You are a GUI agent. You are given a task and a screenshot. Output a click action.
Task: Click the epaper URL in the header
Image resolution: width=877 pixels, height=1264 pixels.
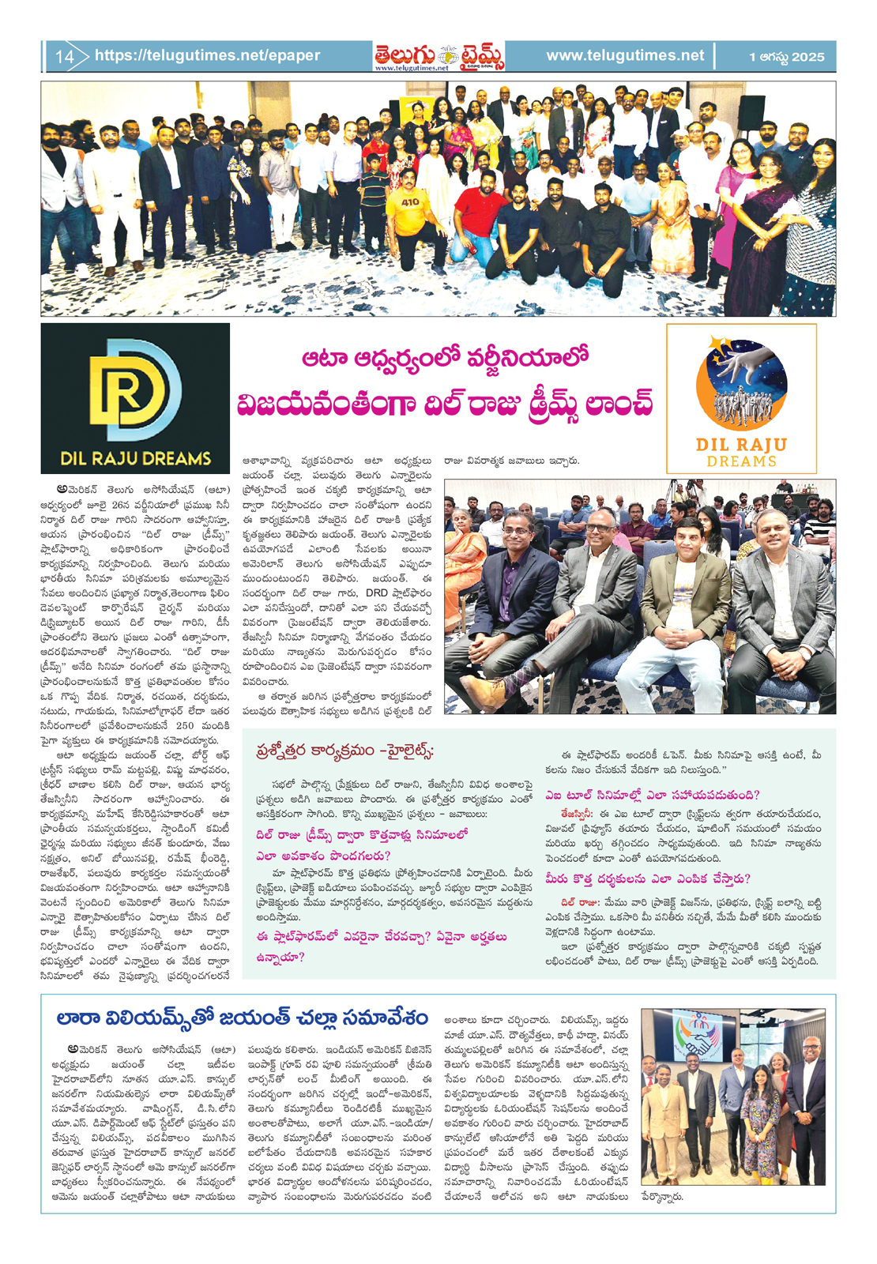pos(207,56)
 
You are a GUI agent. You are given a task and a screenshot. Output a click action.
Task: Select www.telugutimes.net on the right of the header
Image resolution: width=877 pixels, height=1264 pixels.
pos(624,56)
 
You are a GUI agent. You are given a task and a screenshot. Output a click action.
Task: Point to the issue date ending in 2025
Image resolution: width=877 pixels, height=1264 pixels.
pos(785,57)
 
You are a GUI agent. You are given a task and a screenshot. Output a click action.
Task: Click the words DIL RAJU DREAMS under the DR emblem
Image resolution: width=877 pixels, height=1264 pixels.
pos(135,458)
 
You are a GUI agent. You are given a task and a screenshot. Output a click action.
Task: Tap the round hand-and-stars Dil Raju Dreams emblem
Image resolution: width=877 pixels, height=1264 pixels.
pos(741,384)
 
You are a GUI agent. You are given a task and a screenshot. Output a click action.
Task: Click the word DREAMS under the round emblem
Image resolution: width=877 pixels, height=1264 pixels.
pos(741,461)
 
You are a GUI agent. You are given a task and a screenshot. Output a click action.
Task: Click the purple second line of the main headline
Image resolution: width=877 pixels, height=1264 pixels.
pos(445,404)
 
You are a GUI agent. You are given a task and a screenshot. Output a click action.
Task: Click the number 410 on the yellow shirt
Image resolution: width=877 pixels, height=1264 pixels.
pos(410,202)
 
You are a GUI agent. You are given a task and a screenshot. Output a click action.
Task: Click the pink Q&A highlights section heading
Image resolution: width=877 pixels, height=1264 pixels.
pos(344,750)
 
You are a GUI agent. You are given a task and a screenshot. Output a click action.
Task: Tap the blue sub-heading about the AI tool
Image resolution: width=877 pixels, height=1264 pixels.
pos(652,795)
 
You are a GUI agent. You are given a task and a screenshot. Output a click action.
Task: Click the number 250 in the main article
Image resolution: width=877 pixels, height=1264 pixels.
pos(184,725)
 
